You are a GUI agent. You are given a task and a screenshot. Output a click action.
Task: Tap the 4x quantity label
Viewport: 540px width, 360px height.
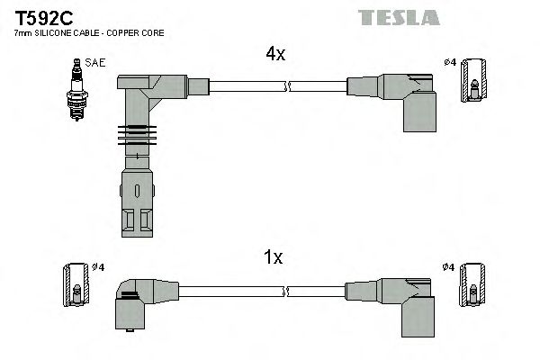[274, 55]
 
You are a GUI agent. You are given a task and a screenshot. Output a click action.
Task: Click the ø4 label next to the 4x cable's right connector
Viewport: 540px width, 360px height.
[450, 62]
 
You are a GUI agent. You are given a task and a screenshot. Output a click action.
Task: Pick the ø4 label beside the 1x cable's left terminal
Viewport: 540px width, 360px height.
[97, 267]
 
